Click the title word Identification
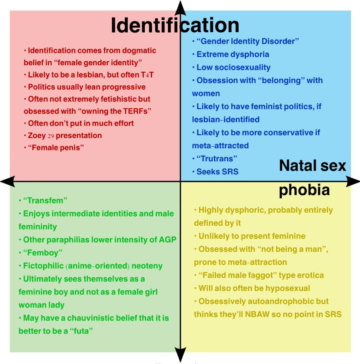click(175, 25)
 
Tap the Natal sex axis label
click(312, 166)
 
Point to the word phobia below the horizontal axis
click(304, 190)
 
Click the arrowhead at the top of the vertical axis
click(180, 8)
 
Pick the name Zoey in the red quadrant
click(37, 136)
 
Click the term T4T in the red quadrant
click(147, 75)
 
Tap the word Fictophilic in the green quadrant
click(43, 266)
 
